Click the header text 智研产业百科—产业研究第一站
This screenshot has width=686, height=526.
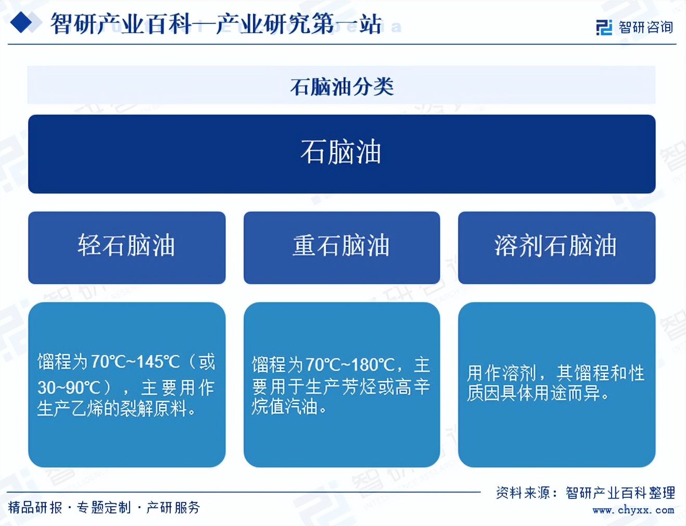(x=215, y=24)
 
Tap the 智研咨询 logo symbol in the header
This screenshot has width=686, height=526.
(x=604, y=27)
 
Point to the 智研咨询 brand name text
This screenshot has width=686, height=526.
(x=645, y=27)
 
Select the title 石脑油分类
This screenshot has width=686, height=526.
(x=341, y=86)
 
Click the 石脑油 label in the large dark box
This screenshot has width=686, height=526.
(x=341, y=153)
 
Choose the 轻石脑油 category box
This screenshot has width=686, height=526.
(x=126, y=247)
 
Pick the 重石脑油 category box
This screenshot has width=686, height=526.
(x=341, y=247)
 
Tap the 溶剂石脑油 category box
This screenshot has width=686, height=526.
(x=556, y=247)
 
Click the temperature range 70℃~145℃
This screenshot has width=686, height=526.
(x=135, y=362)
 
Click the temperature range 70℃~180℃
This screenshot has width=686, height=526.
(x=350, y=365)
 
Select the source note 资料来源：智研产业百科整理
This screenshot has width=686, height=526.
(x=585, y=493)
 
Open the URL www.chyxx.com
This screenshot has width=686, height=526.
(x=633, y=510)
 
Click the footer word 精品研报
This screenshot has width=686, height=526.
(x=35, y=507)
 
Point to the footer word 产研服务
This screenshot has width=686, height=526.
(x=173, y=507)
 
